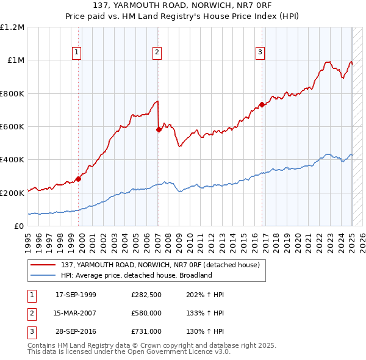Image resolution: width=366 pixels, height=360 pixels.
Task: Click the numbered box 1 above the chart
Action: coord(77,52)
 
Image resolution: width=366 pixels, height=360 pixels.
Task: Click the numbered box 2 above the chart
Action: coord(157,52)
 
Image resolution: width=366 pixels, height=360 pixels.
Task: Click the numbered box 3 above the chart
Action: coord(260,52)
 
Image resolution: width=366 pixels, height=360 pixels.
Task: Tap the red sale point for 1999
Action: coord(79,179)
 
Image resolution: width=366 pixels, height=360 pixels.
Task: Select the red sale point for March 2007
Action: coord(159,129)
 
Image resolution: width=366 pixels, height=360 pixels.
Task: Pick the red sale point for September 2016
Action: coord(262,104)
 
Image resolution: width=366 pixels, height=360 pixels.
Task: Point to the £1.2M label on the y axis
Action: coord(12,27)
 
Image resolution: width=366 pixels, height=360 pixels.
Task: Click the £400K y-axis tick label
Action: coord(12,160)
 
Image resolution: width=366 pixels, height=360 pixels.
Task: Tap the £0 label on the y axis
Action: coord(18,226)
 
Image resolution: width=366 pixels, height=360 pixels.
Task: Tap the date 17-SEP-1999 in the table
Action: coord(76,295)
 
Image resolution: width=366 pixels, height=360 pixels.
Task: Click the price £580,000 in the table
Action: coord(146,313)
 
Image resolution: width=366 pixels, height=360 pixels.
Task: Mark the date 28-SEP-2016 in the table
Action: coord(76,331)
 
